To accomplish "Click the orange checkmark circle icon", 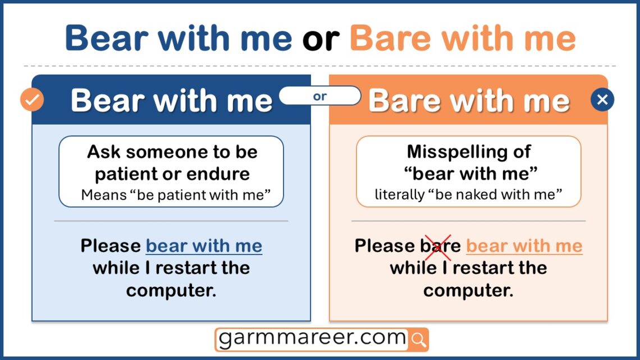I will tap(32, 100).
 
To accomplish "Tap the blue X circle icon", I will tap(602, 100).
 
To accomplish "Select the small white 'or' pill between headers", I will tap(320, 96).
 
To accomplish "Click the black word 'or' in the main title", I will tap(320, 38).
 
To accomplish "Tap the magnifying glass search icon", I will tap(419, 339).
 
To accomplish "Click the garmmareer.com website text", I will tap(312, 338).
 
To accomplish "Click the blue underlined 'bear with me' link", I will tap(204, 246).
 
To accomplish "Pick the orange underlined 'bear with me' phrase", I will tap(524, 246).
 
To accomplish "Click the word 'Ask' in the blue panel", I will tap(104, 152).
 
